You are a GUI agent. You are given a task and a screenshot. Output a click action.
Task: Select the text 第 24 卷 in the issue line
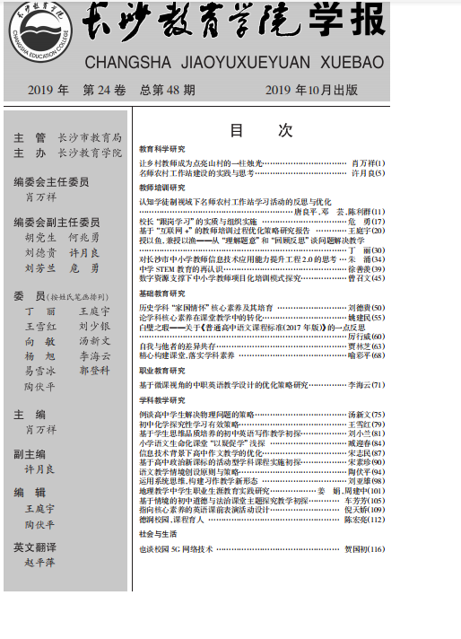pyautogui.click(x=105, y=91)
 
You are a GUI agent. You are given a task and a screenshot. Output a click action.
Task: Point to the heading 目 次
pyautogui.click(x=261, y=130)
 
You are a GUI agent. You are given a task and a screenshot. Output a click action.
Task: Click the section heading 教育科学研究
pyautogui.click(x=162, y=148)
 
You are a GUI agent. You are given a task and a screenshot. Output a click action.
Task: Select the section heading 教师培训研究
pyautogui.click(x=162, y=188)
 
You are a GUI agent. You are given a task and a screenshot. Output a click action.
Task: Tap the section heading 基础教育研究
pyautogui.click(x=162, y=293)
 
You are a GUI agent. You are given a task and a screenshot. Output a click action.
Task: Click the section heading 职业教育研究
pyautogui.click(x=162, y=370)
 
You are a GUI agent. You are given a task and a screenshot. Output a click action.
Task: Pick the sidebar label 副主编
pyautogui.click(x=30, y=454)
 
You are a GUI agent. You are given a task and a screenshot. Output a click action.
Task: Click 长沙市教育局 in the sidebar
pyautogui.click(x=89, y=137)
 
